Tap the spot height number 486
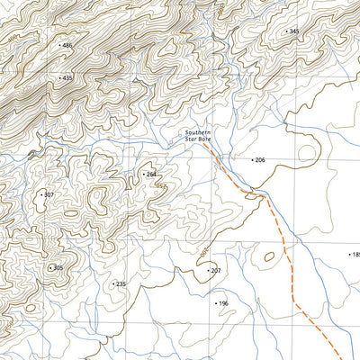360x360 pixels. tap(67, 45)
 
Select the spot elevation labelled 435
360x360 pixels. tap(67, 78)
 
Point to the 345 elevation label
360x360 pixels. tap(294, 31)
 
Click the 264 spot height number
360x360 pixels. tap(151, 174)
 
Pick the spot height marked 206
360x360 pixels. tap(260, 159)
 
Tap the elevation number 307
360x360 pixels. tap(49, 194)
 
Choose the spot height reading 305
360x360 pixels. tap(58, 267)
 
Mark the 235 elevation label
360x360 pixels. tap(121, 283)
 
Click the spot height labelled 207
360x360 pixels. tap(216, 270)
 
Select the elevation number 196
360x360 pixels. tap(224, 303)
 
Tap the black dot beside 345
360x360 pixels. tap(285, 31)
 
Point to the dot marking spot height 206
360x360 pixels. tap(251, 159)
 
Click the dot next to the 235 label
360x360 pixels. tap(112, 283)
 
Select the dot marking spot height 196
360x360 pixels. tap(215, 303)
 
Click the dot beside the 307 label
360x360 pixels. tap(40, 194)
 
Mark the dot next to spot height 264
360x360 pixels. tap(142, 174)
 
